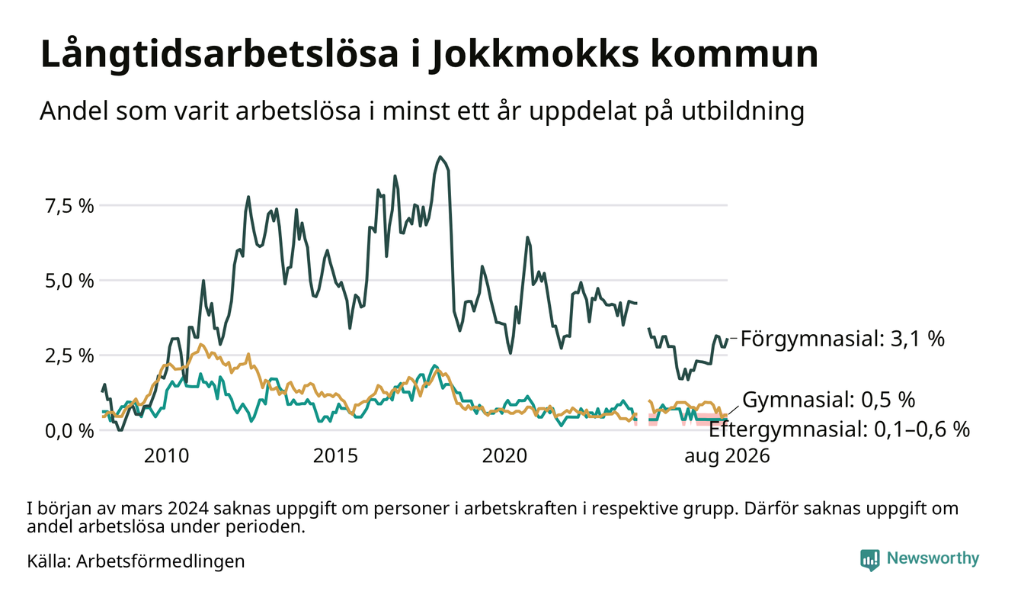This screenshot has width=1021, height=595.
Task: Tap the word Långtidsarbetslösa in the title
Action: tap(219, 54)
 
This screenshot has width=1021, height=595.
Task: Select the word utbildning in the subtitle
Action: tap(743, 111)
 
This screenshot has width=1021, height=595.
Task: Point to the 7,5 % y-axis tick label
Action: tap(69, 206)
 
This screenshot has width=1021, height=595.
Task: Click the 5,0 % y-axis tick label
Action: tap(69, 281)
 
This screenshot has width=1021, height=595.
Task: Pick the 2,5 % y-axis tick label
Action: tap(69, 355)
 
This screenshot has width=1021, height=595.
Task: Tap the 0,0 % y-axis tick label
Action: tap(69, 430)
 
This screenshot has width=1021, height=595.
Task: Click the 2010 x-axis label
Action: tap(166, 456)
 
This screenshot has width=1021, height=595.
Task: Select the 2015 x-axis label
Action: tap(335, 456)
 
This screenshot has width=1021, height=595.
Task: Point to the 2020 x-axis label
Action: tap(504, 456)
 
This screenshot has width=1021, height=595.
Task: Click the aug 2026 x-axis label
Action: tap(727, 456)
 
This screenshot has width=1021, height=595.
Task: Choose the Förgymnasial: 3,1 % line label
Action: tap(843, 339)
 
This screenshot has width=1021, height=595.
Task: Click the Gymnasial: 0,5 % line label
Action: tap(829, 400)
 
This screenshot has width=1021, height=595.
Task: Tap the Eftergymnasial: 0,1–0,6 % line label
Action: tap(839, 429)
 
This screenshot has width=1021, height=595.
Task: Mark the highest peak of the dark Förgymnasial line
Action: tap(440, 157)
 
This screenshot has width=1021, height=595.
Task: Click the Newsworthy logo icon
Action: tap(870, 559)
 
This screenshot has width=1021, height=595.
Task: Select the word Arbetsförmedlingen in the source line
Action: tap(161, 561)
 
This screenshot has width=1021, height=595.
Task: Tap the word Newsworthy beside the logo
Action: tap(933, 558)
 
